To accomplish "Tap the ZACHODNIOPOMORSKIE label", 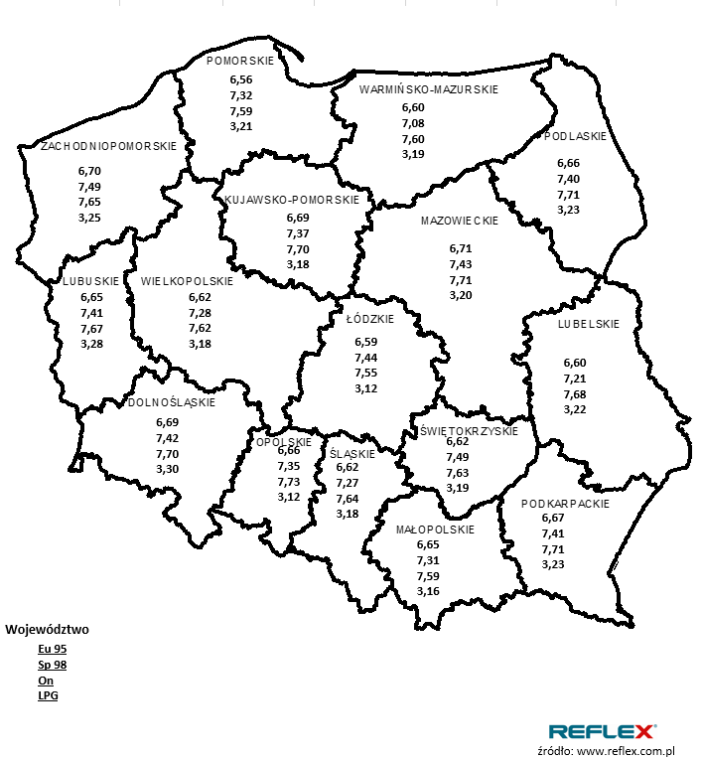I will coord(109,146).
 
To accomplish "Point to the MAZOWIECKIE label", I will coord(459,221).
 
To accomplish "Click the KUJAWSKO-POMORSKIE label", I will coord(292,200).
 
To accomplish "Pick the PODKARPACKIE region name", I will coord(565,504).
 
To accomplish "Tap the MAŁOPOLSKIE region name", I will coord(435,530).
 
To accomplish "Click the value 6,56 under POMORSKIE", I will coord(241,79).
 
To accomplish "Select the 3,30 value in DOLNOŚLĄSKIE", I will coord(168,469).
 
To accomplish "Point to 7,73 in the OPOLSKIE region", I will coord(289,481).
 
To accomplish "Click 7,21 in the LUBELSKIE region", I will coord(576,379).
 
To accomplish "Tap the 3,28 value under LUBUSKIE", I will coord(91,344).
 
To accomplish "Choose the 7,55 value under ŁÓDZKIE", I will coord(366,373).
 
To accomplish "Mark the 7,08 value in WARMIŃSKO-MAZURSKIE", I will coord(413,123).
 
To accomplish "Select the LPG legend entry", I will coord(48,696).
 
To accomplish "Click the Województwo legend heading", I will coord(48,629).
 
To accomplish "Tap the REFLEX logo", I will coord(602,732).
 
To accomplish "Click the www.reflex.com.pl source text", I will coord(625,751).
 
